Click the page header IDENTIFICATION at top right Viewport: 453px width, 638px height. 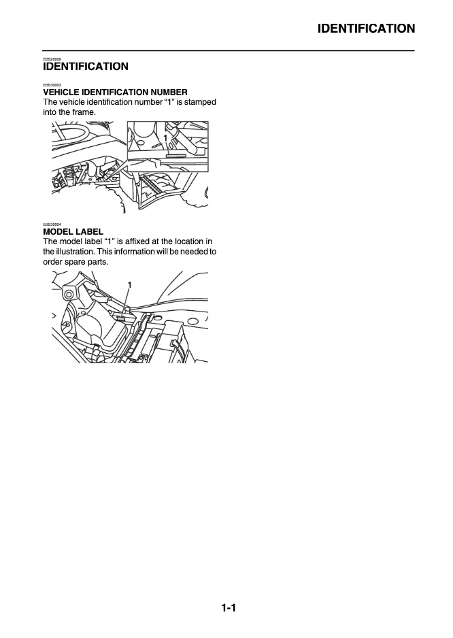click(366, 29)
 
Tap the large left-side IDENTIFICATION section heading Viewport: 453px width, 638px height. click(85, 67)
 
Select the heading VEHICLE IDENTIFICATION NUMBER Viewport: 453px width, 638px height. click(115, 92)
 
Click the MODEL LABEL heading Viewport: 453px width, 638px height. click(73, 232)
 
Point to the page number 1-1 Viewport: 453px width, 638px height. click(228, 608)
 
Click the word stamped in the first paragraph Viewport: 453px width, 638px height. click(198, 102)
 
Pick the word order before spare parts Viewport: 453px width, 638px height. click(54, 261)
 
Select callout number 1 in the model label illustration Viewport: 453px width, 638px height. click(129, 284)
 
